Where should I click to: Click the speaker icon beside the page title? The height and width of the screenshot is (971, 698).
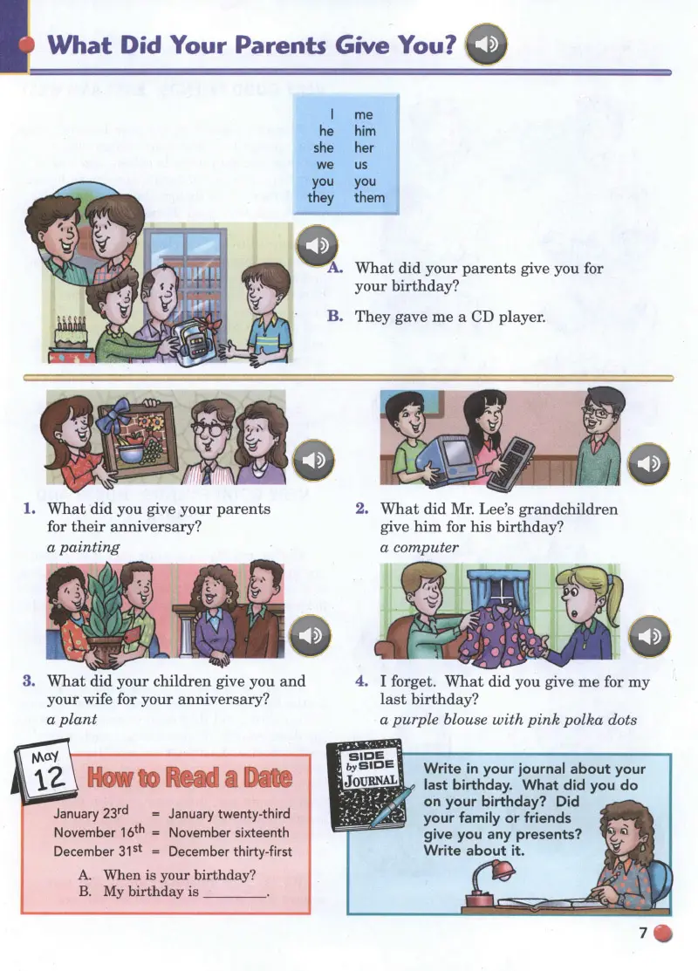click(x=486, y=44)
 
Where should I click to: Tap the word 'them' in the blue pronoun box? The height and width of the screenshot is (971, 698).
click(x=369, y=197)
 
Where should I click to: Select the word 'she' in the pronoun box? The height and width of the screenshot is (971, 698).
click(x=324, y=148)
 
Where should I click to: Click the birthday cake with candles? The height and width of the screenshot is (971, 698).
click(x=72, y=338)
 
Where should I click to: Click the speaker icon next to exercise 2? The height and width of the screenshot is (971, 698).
click(x=649, y=463)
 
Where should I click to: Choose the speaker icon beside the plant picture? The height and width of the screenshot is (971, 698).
click(x=311, y=635)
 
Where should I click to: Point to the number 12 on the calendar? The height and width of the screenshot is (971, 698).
click(x=49, y=778)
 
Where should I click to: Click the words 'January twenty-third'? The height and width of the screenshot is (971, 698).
click(x=229, y=814)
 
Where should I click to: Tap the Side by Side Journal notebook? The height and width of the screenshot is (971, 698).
click(x=369, y=785)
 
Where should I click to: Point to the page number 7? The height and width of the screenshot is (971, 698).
click(x=643, y=933)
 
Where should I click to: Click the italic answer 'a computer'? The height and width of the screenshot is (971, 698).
click(x=420, y=547)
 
